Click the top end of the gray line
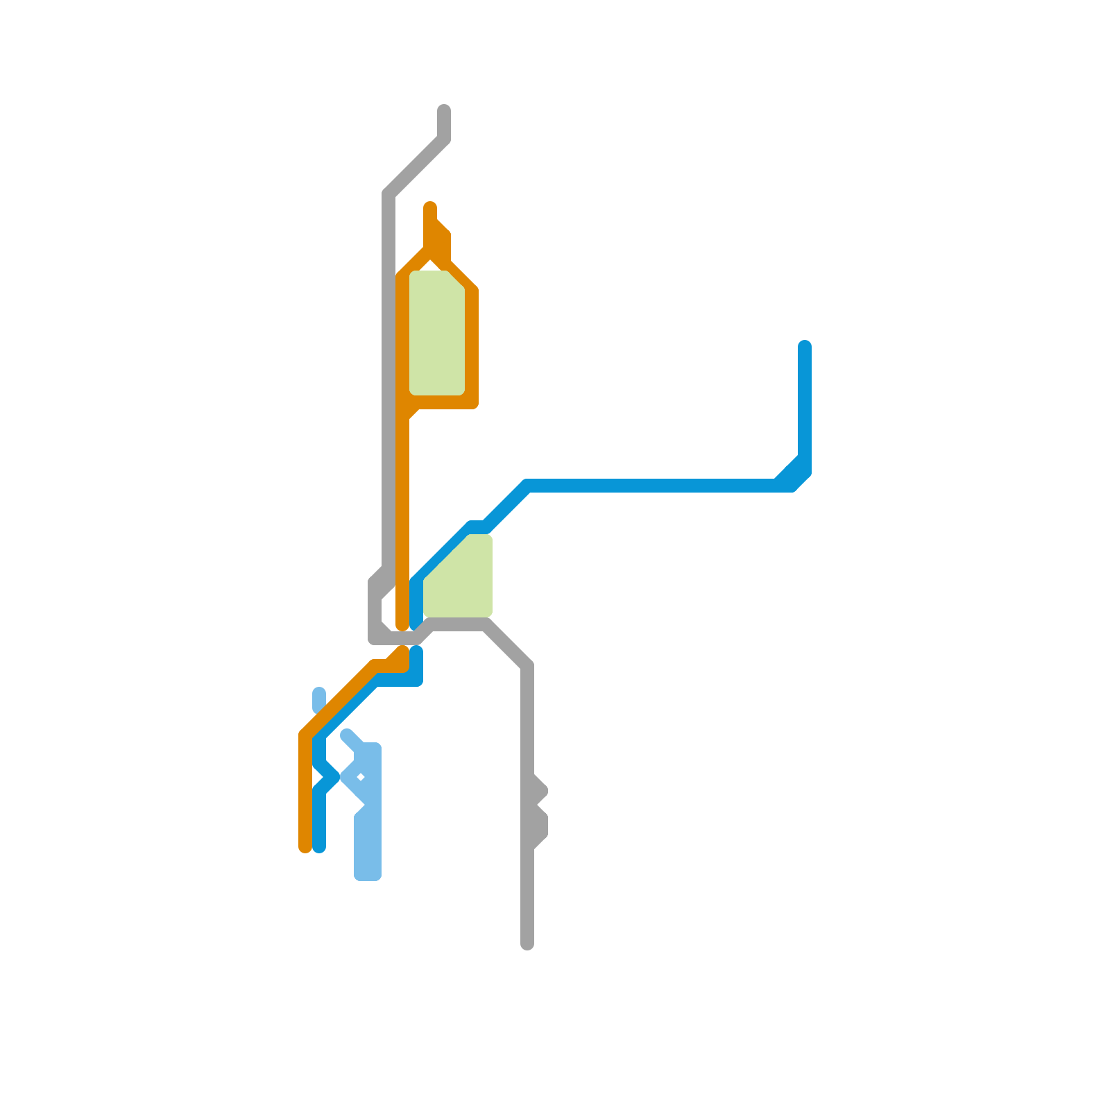(444, 111)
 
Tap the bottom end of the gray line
(527, 943)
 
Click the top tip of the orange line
(430, 207)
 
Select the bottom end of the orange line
(305, 847)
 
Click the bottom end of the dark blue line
(319, 847)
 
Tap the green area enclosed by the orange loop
(437, 333)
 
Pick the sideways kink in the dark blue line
(332, 776)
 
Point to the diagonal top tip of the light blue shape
(347, 735)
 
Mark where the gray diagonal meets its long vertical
(388, 194)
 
